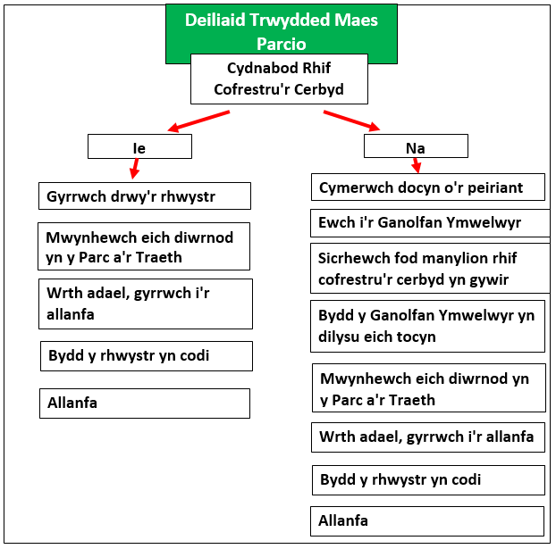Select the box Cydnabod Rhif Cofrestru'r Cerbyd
279,79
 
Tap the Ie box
139,146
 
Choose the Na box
416,146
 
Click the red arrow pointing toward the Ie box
198,121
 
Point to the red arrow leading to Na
351,121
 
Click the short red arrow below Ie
134,169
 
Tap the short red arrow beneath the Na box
417,165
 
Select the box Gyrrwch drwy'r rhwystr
145,195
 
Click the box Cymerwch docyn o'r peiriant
428,187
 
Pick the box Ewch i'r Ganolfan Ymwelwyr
430,223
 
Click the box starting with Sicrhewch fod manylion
430,268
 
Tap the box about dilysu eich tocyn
427,326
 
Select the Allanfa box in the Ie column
145,403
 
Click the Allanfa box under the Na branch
427,521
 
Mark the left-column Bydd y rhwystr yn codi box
147,356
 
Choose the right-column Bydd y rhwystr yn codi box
428,480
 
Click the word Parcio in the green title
282,44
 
